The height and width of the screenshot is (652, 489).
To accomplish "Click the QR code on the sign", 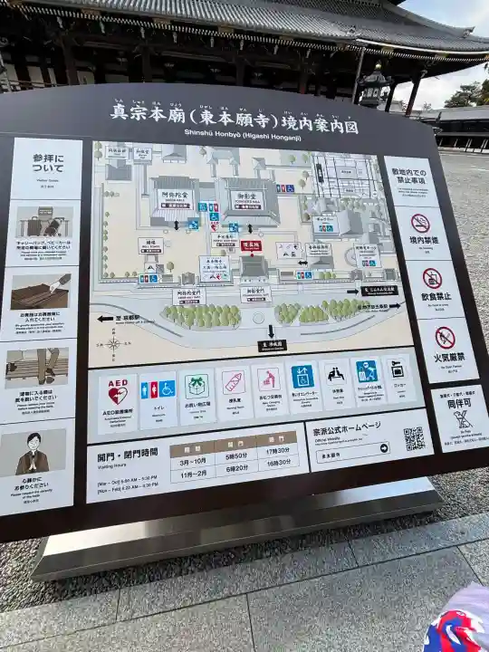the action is [x=414, y=439].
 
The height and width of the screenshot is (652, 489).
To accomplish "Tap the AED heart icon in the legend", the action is [x=118, y=392].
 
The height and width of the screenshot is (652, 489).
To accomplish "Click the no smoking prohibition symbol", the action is [x=420, y=224].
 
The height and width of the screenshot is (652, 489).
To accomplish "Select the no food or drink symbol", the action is [x=432, y=278].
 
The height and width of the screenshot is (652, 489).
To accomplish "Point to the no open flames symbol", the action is [x=445, y=338].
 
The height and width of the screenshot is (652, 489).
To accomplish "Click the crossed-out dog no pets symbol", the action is [x=463, y=418].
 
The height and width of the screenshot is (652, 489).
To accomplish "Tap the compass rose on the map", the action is [x=113, y=343].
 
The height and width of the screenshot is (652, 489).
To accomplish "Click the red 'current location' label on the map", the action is [x=251, y=245].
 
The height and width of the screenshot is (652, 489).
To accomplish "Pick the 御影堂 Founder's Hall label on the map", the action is [x=248, y=195].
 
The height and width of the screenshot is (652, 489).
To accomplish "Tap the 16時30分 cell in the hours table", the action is [x=279, y=463].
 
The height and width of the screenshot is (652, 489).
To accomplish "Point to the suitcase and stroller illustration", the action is [x=43, y=223].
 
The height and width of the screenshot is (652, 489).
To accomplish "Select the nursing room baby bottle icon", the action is [x=235, y=383].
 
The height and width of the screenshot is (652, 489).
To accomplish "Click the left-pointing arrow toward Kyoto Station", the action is [x=106, y=319].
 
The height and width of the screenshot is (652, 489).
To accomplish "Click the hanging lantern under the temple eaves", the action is [x=372, y=87].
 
